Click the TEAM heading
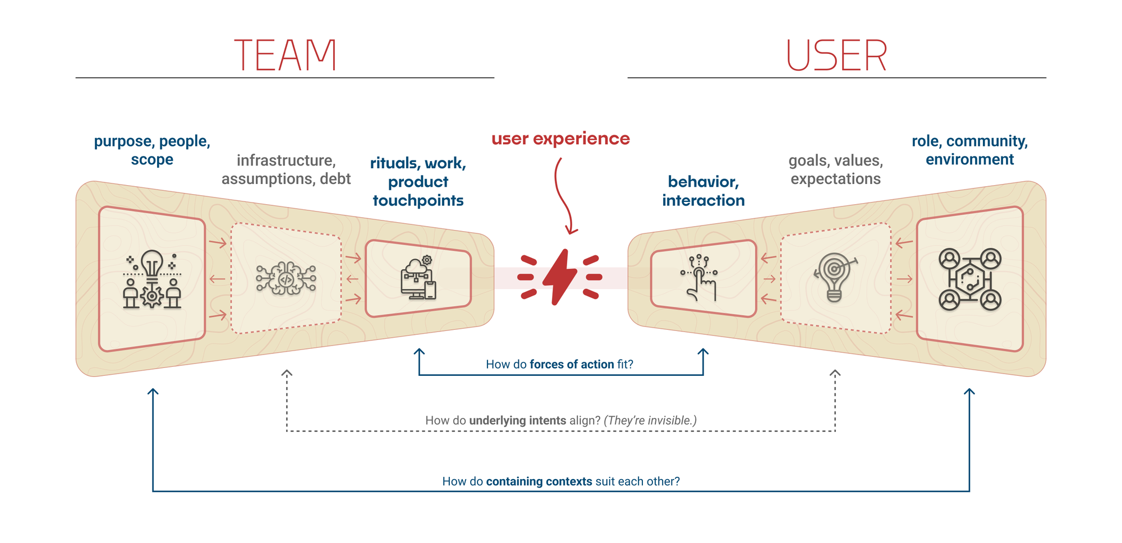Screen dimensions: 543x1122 click(285, 56)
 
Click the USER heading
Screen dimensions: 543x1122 click(836, 56)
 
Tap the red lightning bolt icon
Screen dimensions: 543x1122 click(560, 277)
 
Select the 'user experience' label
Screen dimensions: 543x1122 click(560, 139)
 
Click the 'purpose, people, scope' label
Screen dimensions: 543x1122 click(152, 150)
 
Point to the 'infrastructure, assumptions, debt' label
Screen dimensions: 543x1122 click(286, 169)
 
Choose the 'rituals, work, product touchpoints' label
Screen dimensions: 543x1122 click(418, 182)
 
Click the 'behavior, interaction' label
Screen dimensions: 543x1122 click(703, 191)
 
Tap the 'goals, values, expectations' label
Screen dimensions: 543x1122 click(835, 169)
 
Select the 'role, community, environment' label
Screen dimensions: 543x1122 click(969, 150)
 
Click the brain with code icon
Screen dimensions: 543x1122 click(286, 278)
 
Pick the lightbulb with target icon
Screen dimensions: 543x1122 click(835, 277)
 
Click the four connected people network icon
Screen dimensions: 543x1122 click(969, 279)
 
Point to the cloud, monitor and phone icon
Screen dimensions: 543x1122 click(419, 278)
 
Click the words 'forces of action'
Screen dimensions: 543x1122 click(572, 365)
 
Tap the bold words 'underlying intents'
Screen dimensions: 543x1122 click(517, 421)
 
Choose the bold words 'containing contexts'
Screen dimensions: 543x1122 click(539, 482)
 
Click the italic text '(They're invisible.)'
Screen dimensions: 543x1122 click(650, 421)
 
